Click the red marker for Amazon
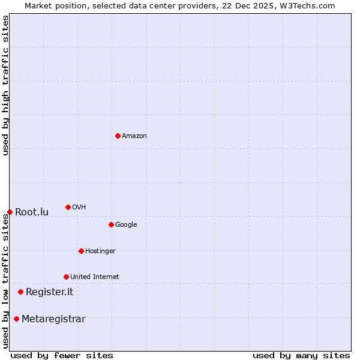click(118, 136)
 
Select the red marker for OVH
click(68, 207)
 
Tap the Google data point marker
click(111, 224)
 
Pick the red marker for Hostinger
click(81, 251)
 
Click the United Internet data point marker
click(66, 277)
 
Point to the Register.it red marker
click(20, 292)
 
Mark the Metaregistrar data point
click(16, 319)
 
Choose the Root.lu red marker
click(10, 212)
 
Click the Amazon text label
click(134, 136)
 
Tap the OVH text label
click(79, 208)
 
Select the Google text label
click(126, 225)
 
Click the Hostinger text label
click(100, 251)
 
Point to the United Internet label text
click(94, 277)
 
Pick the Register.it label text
click(49, 292)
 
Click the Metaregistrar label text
click(53, 319)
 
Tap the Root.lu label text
click(32, 212)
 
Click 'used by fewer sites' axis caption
click(62, 355)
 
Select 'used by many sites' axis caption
click(301, 355)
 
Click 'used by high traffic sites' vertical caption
click(5, 85)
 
